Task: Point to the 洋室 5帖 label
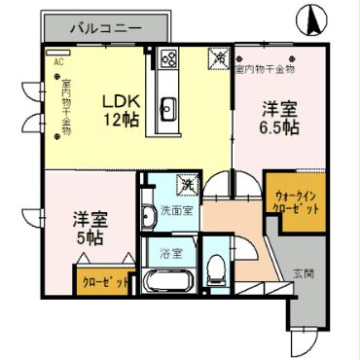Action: [89, 228]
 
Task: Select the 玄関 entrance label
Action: [304, 273]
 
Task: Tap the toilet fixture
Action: [217, 268]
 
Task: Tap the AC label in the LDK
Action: [56, 61]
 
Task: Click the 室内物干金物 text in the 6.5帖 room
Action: [264, 68]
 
